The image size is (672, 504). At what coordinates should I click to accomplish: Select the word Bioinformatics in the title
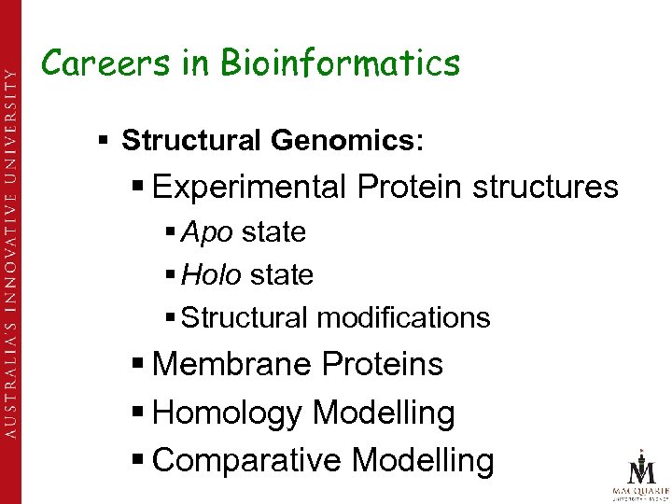point(341,63)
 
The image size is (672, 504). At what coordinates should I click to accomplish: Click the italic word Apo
point(206,232)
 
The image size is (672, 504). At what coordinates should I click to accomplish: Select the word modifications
point(403,318)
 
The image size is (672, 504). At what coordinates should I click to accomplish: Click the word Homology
point(229,413)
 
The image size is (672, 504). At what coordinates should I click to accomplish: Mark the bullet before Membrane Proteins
point(137,365)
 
